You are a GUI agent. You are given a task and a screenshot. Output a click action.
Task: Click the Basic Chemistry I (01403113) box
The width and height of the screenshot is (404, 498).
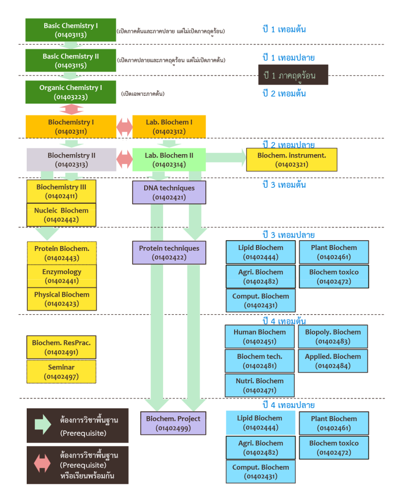point(71,30)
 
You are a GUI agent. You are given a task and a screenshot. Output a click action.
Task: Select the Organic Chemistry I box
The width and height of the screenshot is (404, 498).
point(71,92)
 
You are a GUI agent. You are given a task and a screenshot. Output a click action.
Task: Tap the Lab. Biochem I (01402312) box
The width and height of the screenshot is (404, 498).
point(169,126)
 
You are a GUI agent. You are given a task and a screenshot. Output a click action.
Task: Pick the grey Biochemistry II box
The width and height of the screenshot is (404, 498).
point(71,160)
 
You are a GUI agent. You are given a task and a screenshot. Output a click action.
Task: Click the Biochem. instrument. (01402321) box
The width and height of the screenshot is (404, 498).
point(292,160)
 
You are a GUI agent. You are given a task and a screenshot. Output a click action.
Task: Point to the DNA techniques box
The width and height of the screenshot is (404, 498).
point(169,193)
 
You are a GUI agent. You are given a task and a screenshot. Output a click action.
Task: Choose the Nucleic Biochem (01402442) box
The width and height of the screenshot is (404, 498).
point(61,215)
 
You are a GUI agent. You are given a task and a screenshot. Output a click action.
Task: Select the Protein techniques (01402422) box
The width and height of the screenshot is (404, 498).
point(169,253)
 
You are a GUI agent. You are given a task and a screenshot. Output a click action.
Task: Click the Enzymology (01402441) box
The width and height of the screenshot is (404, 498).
point(62,276)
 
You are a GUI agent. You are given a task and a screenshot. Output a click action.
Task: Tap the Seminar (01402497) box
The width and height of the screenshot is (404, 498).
point(61,372)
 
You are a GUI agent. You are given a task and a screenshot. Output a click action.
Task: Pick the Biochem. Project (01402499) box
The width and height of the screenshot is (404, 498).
point(173,424)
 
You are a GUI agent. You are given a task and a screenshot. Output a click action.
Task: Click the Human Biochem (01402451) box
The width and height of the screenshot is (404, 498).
point(260,337)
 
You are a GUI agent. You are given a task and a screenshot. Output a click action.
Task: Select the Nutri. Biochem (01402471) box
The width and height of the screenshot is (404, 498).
point(260,386)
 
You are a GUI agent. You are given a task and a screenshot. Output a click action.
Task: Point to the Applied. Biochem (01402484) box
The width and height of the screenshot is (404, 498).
point(333,361)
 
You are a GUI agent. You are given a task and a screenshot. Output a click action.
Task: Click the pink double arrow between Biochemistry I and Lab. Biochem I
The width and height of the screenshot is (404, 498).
point(125,127)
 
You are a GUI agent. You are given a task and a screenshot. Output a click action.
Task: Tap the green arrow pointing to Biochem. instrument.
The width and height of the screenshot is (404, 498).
point(226,158)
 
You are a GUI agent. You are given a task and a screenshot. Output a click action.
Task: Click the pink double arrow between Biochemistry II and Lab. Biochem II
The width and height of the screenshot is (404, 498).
point(125,159)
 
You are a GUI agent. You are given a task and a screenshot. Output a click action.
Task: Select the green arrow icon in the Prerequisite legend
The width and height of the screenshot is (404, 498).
point(43,425)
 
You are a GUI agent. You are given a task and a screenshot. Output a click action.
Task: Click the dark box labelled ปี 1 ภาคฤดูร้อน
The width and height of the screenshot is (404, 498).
point(293,75)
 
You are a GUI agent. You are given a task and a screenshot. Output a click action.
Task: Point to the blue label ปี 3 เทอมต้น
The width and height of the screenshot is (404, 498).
point(284,184)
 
